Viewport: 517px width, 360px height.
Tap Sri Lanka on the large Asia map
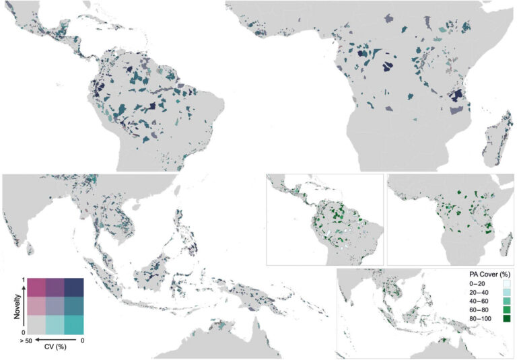29,250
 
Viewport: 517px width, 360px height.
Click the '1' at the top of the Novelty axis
23,279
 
